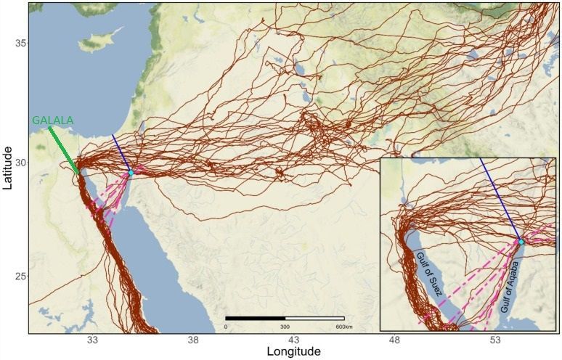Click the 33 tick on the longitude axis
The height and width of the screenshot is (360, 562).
92,340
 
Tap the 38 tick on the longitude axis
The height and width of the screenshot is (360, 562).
193,340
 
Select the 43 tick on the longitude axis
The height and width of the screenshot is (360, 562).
294,340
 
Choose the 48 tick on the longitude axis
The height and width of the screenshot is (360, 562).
395,340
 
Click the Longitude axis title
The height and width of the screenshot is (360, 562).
293,352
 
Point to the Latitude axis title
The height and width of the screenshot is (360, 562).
8,168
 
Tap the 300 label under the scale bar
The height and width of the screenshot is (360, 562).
285,327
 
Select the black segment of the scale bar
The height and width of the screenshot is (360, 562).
255,318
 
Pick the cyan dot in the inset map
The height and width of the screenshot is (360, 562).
521,240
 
